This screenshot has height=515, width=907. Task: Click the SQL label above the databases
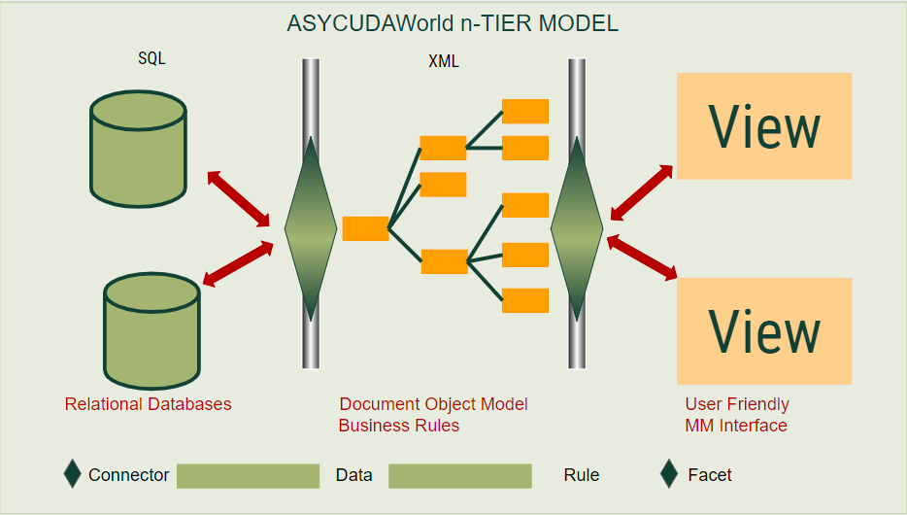click(151, 58)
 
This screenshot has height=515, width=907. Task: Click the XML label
click(444, 61)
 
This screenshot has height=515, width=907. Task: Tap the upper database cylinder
click(138, 149)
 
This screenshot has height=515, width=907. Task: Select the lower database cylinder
click(152, 331)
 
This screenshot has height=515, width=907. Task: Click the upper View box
click(764, 126)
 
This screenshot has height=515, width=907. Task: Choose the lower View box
click(764, 331)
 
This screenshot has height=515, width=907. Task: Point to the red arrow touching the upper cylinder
click(238, 198)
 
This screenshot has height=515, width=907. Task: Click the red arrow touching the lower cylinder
click(238, 264)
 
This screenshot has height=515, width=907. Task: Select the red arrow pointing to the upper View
click(642, 192)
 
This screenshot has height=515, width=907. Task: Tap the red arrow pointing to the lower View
click(642, 257)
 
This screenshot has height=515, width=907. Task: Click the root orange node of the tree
click(365, 228)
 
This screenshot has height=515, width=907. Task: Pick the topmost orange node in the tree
click(525, 111)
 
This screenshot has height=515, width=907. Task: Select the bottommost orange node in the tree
click(525, 300)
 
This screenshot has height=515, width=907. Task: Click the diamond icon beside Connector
click(72, 474)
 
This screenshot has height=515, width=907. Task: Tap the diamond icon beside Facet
click(669, 474)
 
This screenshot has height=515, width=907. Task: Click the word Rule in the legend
click(582, 475)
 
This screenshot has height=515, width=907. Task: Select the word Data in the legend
click(354, 475)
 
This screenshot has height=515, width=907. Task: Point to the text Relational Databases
click(148, 404)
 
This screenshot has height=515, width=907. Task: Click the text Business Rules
click(399, 426)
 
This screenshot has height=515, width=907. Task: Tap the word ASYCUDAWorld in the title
click(370, 23)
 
